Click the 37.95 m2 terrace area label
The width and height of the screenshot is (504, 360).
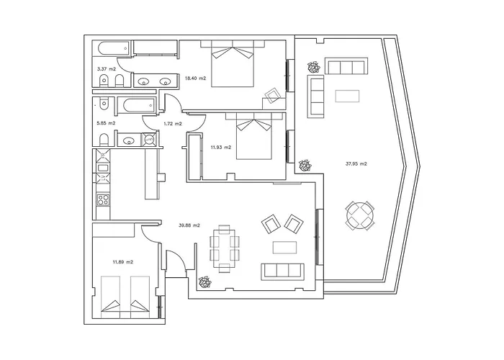pyautogui.click(x=356, y=163)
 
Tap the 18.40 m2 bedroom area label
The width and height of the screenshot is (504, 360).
pyautogui.click(x=195, y=78)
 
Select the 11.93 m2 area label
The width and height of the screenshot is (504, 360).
pyautogui.click(x=221, y=148)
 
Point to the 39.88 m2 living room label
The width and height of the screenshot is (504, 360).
pyautogui.click(x=189, y=225)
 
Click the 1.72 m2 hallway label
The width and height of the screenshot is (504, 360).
pyautogui.click(x=173, y=123)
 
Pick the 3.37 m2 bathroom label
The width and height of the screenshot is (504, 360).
pyautogui.click(x=107, y=69)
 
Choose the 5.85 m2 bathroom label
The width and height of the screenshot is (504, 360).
pyautogui.click(x=106, y=123)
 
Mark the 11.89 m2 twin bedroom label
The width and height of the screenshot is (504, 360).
pyautogui.click(x=123, y=262)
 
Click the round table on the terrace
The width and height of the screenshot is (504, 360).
pyautogui.click(x=360, y=216)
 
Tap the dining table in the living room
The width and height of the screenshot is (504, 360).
pyautogui.click(x=225, y=249)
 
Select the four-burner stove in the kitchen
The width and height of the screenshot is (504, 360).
pyautogui.click(x=103, y=199)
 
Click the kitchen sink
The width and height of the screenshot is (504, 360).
pyautogui.click(x=103, y=168)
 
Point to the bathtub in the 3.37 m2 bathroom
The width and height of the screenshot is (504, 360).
pyautogui.click(x=114, y=48)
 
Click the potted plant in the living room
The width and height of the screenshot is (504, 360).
pyautogui.click(x=204, y=282)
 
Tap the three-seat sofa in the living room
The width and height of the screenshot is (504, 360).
pyautogui.click(x=282, y=271)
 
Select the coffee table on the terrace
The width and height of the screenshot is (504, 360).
pyautogui.click(x=347, y=96)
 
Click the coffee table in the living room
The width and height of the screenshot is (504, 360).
pyautogui.click(x=285, y=248)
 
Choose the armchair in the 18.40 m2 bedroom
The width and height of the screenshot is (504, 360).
pyautogui.click(x=273, y=96)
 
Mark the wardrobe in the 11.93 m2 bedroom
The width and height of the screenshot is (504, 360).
pyautogui.click(x=195, y=156)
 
